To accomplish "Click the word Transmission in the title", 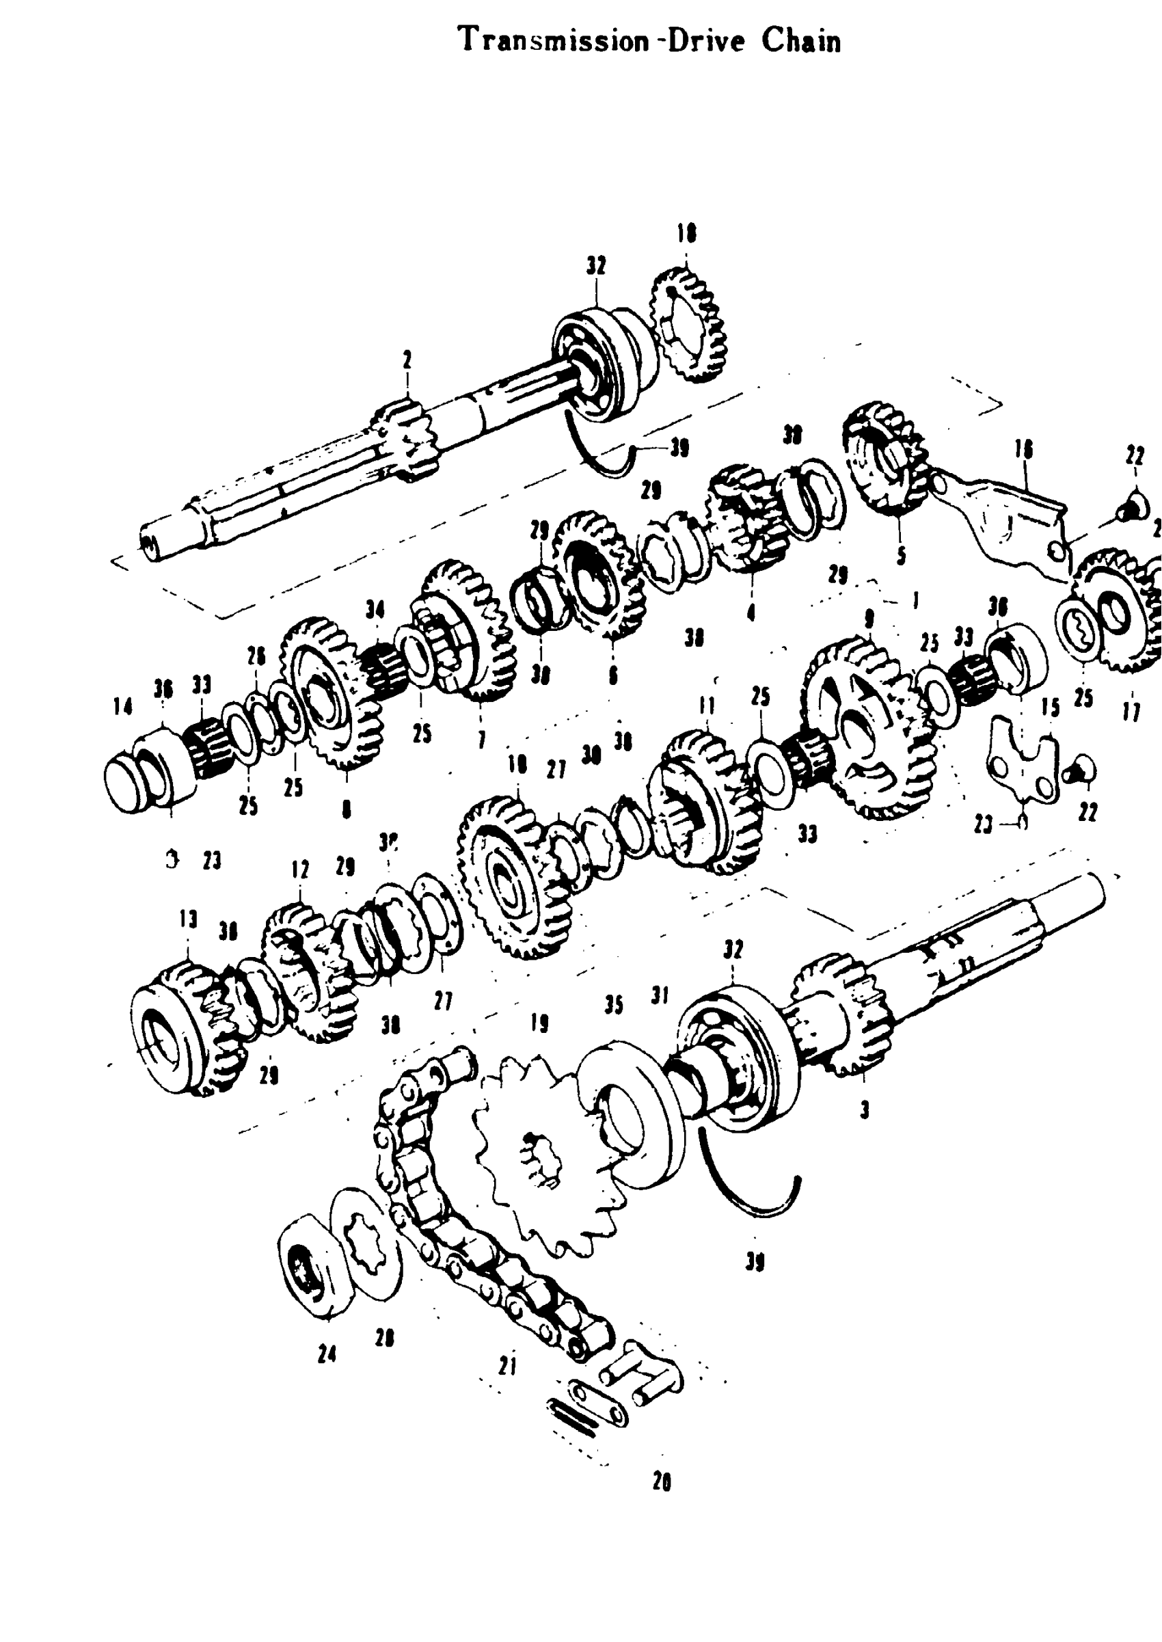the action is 552,40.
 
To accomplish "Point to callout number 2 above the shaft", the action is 407,360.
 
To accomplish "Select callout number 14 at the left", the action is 122,707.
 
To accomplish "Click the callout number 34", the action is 375,610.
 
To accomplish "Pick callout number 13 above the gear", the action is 188,919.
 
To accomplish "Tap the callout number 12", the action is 300,870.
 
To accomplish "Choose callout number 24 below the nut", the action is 327,1354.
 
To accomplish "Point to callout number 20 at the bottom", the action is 662,1484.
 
